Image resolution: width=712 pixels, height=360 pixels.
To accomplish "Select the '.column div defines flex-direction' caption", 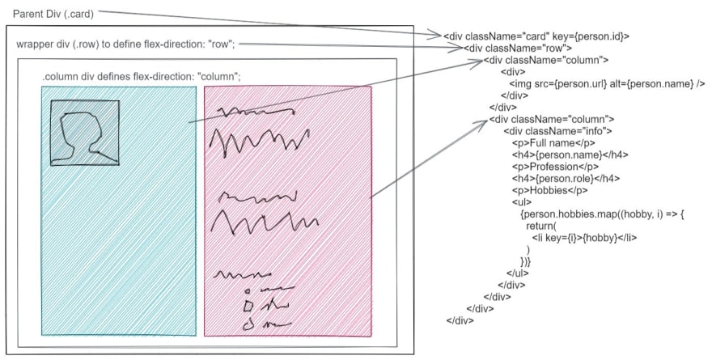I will (x=142, y=77).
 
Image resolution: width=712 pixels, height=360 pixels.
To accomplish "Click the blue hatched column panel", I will (x=118, y=243).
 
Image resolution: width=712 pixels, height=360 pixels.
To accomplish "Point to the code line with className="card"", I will (x=536, y=36).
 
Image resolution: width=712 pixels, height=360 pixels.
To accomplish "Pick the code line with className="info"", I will (x=557, y=131).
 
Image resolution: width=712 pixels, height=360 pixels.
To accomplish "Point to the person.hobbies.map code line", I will (x=604, y=214).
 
